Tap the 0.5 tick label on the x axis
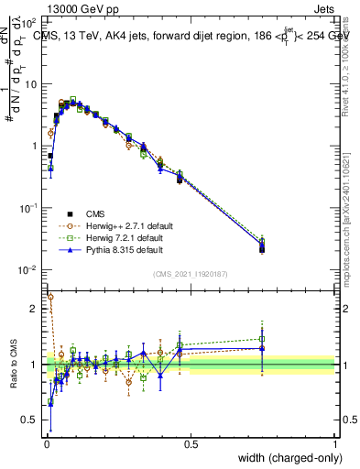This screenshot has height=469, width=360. tap(191, 444)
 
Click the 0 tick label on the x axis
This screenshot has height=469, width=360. tap(46, 444)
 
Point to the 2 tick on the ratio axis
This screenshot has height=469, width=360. tap(35, 309)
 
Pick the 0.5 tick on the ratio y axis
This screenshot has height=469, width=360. tap(30, 420)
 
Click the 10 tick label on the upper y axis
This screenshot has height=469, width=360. tap(30, 84)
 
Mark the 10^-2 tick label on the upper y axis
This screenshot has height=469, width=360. tap(29, 270)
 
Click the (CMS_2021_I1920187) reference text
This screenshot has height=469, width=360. tap(191, 275)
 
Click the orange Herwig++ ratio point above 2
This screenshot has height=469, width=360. tap(50, 297)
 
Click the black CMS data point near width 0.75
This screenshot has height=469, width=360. tap(262, 249)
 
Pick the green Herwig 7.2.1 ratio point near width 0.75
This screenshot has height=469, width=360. tap(262, 339)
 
